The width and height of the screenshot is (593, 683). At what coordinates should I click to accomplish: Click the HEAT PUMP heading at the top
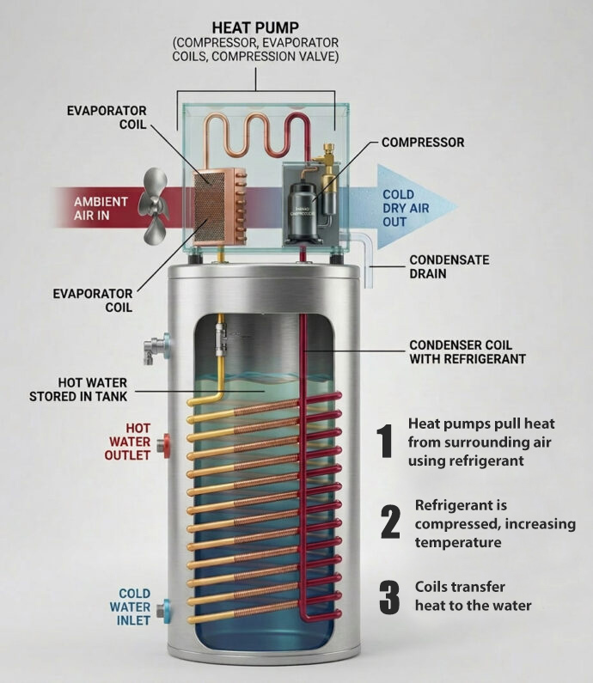point(255,27)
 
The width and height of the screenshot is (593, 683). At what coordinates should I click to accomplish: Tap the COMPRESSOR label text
point(423,143)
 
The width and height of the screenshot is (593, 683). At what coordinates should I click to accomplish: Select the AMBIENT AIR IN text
point(101,208)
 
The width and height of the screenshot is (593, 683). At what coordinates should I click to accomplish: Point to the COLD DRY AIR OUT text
point(406,208)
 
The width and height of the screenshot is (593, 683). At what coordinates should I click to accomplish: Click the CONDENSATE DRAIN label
point(449,266)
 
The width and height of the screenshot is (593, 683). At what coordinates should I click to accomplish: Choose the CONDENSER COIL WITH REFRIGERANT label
point(468,352)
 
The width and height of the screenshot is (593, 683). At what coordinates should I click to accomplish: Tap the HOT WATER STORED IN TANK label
point(78,389)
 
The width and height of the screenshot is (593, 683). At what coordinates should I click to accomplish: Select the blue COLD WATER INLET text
point(130,607)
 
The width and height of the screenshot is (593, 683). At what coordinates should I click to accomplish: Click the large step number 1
point(386,442)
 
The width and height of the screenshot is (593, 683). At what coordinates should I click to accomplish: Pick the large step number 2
point(390,521)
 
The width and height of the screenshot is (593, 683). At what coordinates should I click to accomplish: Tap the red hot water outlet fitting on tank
point(165,446)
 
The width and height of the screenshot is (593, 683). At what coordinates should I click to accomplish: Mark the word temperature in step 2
point(458,543)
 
